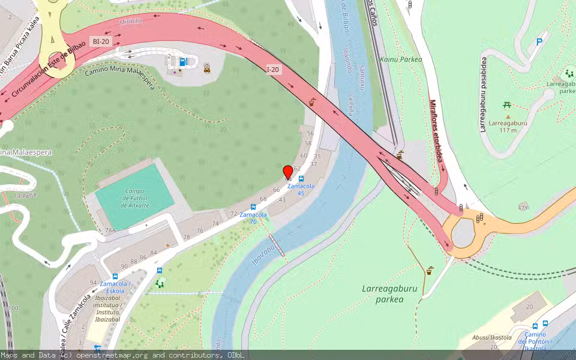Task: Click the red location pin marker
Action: pos(288,172)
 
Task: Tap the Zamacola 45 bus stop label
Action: pos(300,189)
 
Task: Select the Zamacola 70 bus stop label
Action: pos(253,217)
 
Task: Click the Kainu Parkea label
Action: pos(401,59)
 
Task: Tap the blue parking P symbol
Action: pos(539,42)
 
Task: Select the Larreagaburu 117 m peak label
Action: pos(508,126)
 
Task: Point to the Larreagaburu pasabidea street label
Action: pos(482,94)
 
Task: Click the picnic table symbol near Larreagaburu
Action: pos(507,105)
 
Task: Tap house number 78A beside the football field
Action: pos(110,230)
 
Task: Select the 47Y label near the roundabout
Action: pos(523,208)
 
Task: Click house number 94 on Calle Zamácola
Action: pos(93,283)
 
